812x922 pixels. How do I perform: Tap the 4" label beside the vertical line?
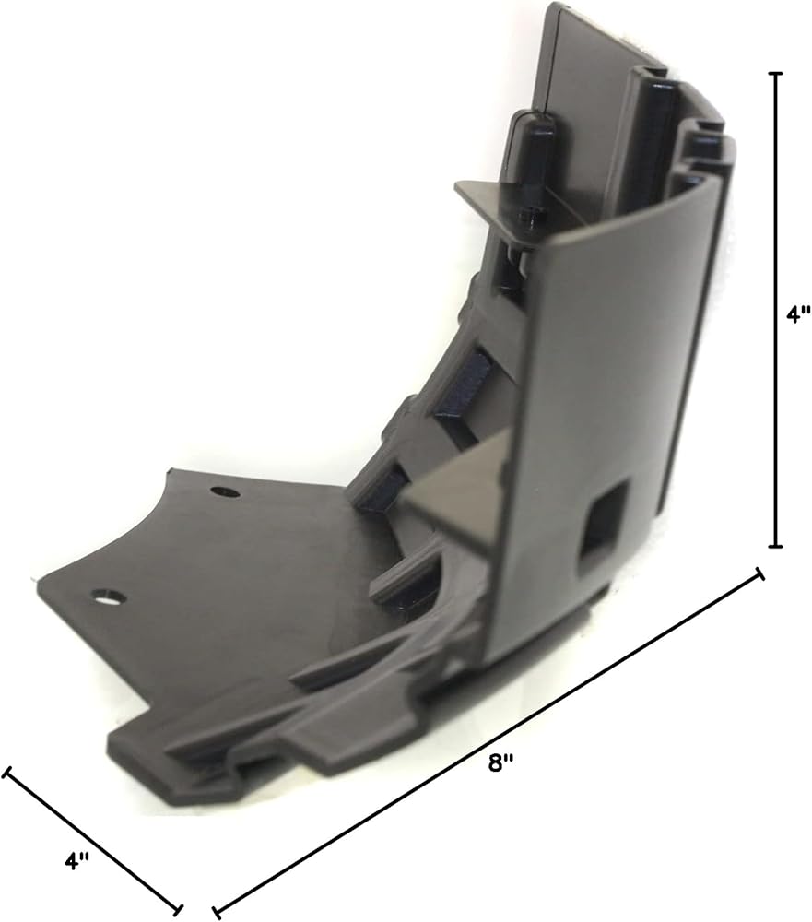tap(798, 313)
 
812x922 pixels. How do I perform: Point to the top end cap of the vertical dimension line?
tap(776, 74)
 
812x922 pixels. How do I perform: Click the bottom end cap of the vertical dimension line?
tap(776, 546)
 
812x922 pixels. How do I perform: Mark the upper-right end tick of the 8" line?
tap(759, 573)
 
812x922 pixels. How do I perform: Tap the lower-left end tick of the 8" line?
tap(217, 912)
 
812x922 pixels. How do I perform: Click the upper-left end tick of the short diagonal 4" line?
tap(6, 772)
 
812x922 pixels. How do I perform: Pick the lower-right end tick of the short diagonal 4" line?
tap(178, 910)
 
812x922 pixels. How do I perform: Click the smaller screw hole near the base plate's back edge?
tap(225, 491)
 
